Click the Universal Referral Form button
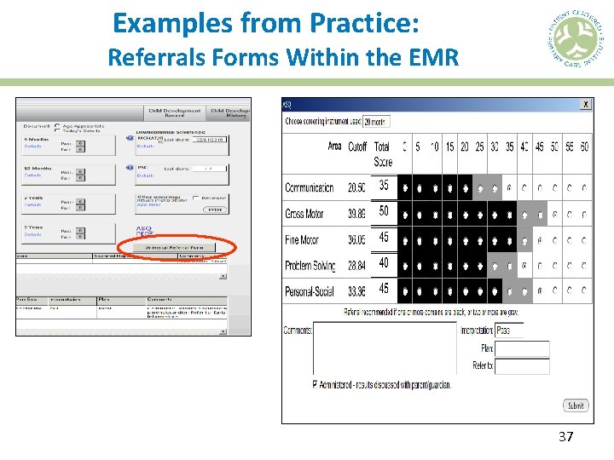coord(179,248)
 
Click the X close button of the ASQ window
coord(586,104)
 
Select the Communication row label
coord(310,187)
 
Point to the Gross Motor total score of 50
coord(384,211)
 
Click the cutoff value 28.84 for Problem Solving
coord(357,266)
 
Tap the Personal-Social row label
coord(310,290)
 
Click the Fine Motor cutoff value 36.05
coord(357,240)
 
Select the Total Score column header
coord(383,154)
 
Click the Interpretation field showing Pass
coord(521,330)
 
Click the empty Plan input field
coord(521,348)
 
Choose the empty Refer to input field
coord(521,366)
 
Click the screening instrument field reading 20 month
coord(376,122)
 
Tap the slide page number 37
coord(565,437)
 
